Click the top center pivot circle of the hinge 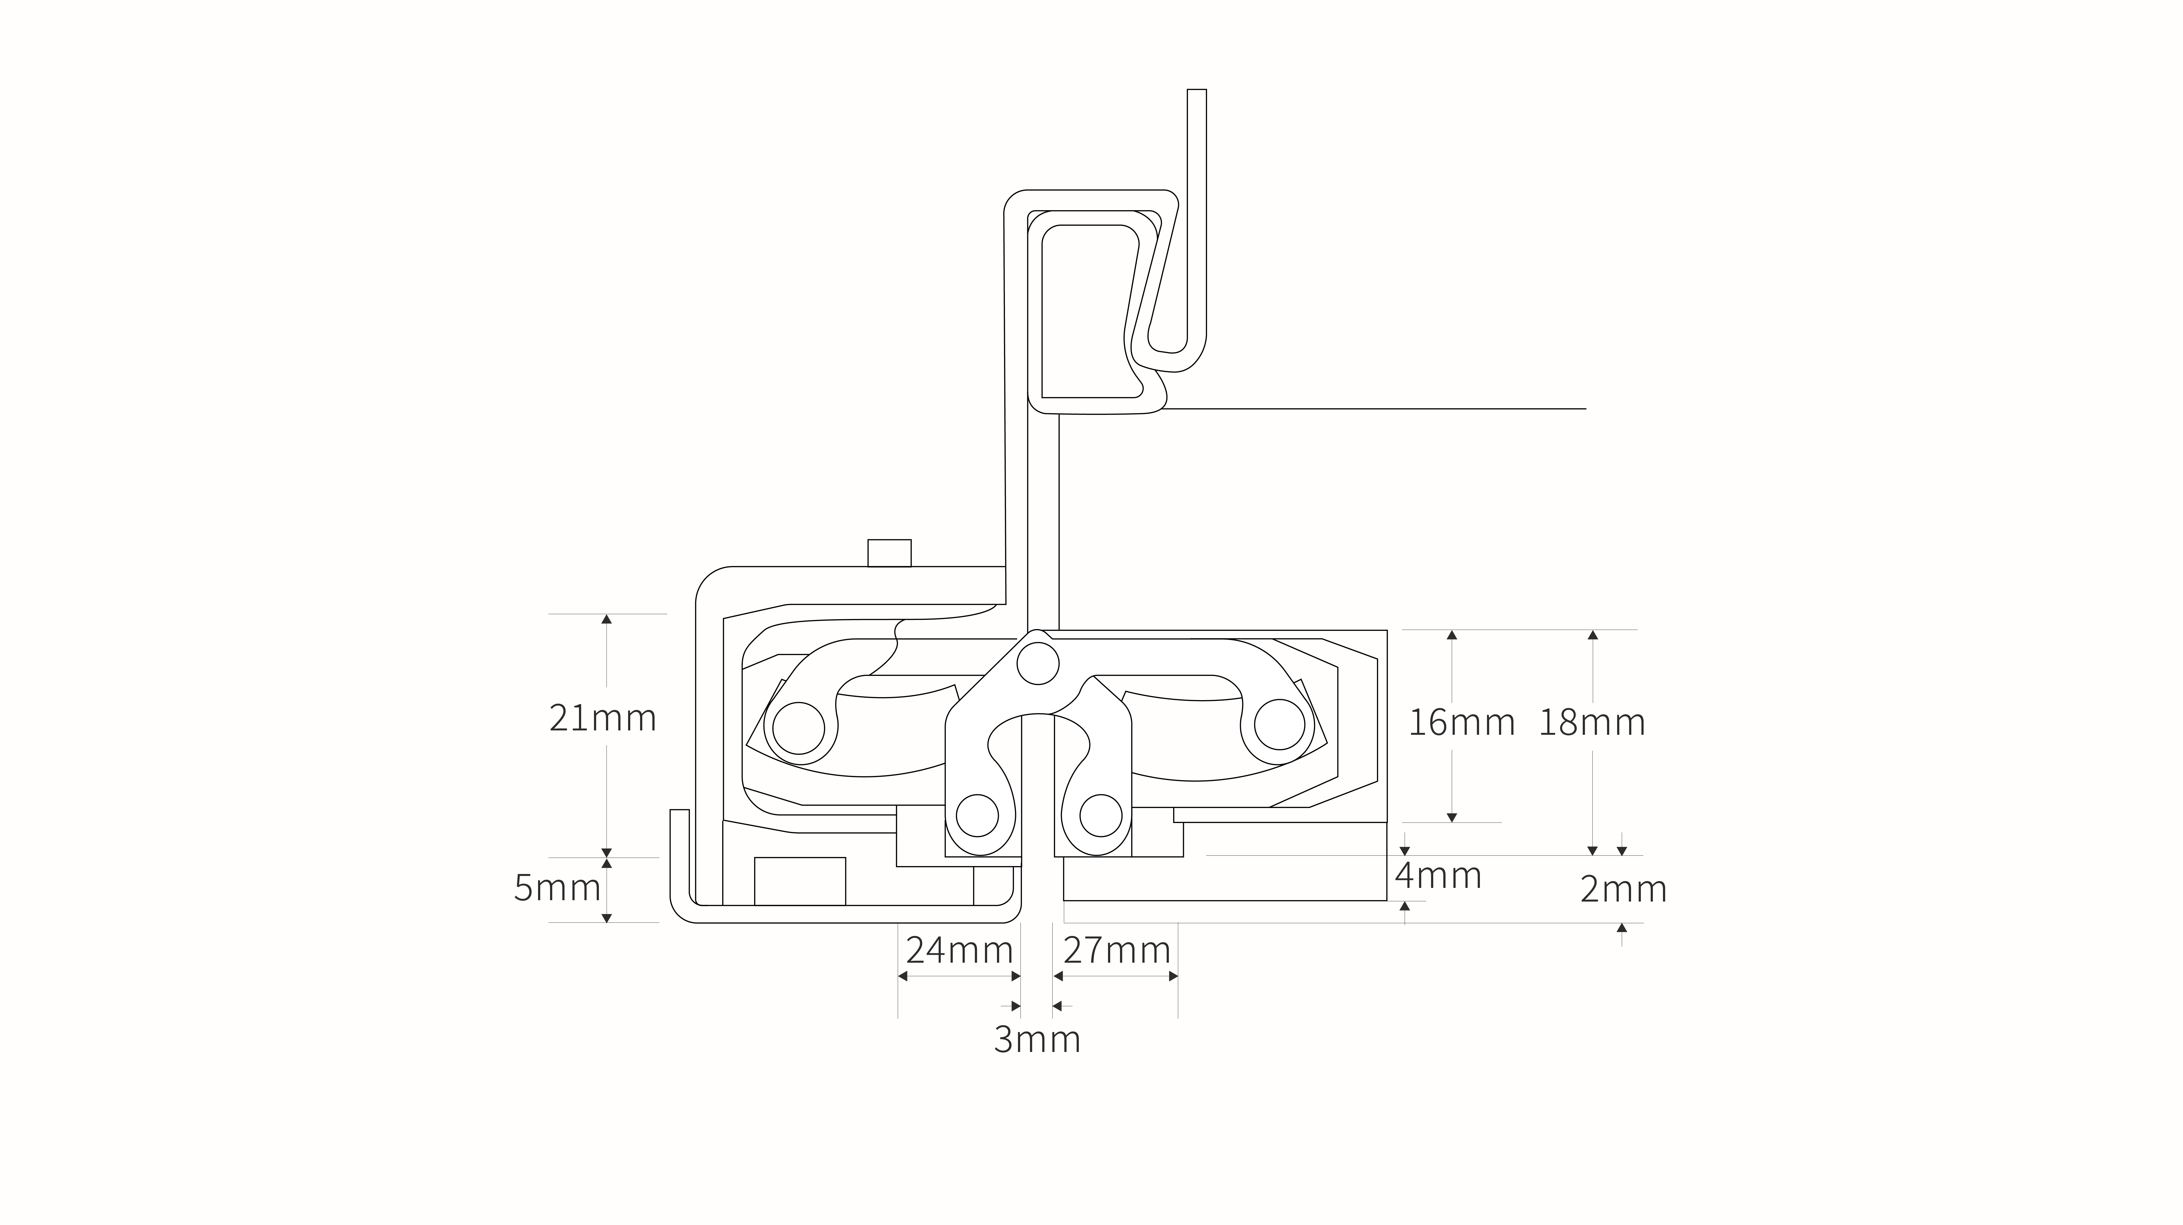pyautogui.click(x=1038, y=663)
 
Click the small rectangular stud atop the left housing pyautogui.click(x=889, y=553)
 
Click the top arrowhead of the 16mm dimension pyautogui.click(x=1452, y=635)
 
